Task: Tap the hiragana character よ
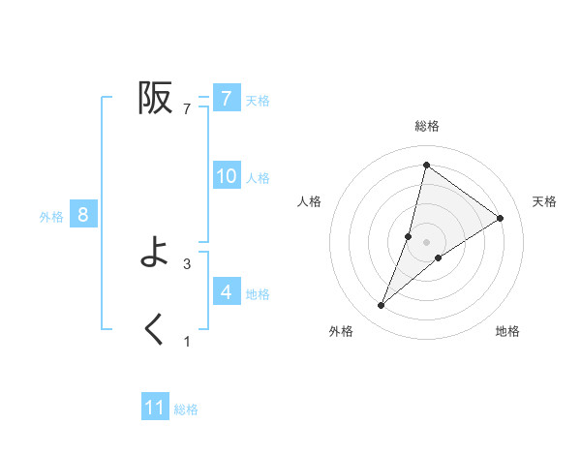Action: (x=155, y=254)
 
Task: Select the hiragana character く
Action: (x=155, y=330)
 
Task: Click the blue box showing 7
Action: (x=226, y=99)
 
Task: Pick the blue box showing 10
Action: (x=226, y=176)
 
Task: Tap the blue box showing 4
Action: (x=226, y=291)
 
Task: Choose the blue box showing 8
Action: (x=83, y=215)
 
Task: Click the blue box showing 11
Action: (x=155, y=408)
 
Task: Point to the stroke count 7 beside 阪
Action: (x=187, y=109)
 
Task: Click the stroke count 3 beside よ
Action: (x=187, y=263)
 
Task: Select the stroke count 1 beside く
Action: (x=187, y=341)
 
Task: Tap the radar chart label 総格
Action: (x=427, y=127)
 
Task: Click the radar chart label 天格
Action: (x=544, y=201)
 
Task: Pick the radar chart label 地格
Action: (x=507, y=331)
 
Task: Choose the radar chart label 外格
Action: (x=341, y=331)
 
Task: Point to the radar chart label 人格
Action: (x=309, y=201)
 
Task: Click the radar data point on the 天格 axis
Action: (x=501, y=218)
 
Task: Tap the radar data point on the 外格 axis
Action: (x=382, y=306)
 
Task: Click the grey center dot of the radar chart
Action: (x=427, y=242)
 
